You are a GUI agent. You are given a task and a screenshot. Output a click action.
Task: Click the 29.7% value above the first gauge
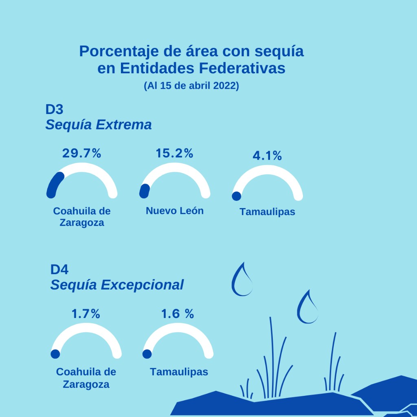click(x=81, y=153)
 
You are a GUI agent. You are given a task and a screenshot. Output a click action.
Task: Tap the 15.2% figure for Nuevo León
click(x=174, y=153)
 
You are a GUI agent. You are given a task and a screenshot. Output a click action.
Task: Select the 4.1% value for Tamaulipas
click(x=267, y=156)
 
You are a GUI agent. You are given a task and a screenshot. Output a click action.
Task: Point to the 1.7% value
click(x=86, y=314)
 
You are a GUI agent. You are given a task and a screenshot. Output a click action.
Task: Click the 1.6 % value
click(x=178, y=314)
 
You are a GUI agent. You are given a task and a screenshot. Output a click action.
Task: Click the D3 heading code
click(x=55, y=110)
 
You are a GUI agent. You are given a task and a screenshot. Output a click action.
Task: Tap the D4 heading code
click(x=59, y=270)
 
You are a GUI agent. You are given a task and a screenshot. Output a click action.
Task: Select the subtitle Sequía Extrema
click(x=99, y=125)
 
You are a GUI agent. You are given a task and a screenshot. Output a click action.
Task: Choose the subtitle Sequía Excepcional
click(x=117, y=285)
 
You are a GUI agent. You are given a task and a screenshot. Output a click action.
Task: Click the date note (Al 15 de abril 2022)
click(x=191, y=86)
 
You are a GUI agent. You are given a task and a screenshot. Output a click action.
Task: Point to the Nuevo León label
click(x=175, y=211)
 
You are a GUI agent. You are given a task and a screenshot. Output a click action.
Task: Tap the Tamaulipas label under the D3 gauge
click(x=267, y=212)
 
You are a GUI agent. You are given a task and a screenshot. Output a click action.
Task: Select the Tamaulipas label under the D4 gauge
click(x=179, y=372)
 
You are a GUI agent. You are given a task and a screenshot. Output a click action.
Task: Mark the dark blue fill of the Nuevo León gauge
click(x=144, y=191)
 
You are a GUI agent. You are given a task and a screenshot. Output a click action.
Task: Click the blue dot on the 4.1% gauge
click(x=236, y=196)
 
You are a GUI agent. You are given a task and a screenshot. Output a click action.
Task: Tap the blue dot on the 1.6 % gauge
click(x=147, y=354)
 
